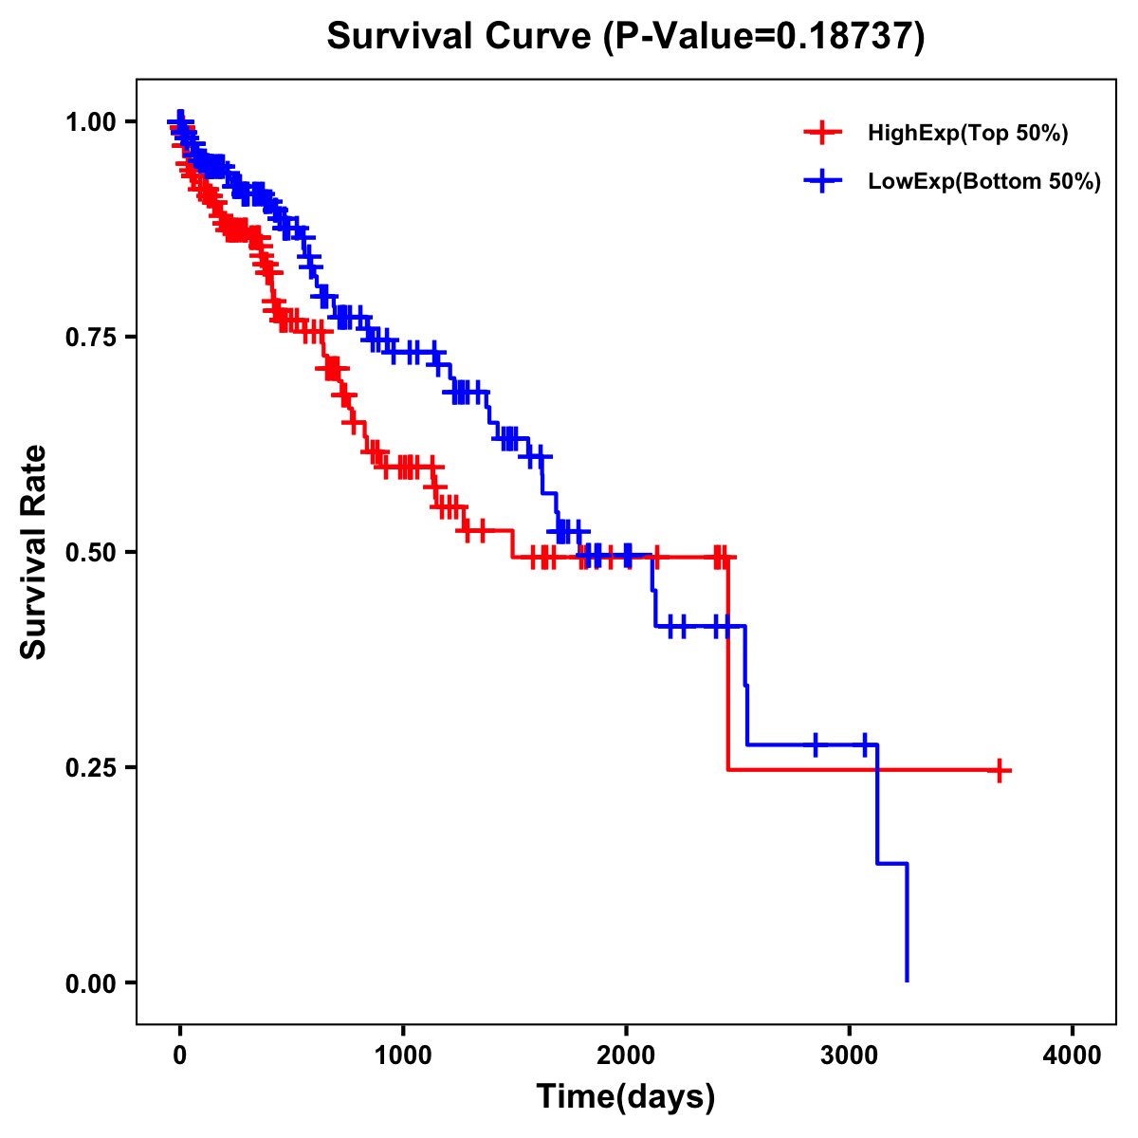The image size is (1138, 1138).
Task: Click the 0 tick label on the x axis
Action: (180, 1055)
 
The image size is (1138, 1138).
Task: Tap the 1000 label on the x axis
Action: (403, 1055)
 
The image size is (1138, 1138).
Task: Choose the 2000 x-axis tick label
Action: (626, 1055)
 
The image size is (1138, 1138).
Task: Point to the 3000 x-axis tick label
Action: (850, 1055)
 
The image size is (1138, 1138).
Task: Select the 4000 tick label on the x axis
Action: (1073, 1055)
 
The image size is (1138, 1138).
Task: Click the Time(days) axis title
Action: (626, 1097)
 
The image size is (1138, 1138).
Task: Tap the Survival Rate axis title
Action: (34, 552)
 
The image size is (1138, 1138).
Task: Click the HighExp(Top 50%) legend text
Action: (967, 134)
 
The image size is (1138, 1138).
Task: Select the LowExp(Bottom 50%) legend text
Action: (984, 182)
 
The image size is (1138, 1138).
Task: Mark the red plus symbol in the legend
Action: (822, 134)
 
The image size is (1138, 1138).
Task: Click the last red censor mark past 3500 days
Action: (999, 770)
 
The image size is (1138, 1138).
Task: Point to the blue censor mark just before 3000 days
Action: (815, 744)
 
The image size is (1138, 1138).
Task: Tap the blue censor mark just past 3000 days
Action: (865, 744)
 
